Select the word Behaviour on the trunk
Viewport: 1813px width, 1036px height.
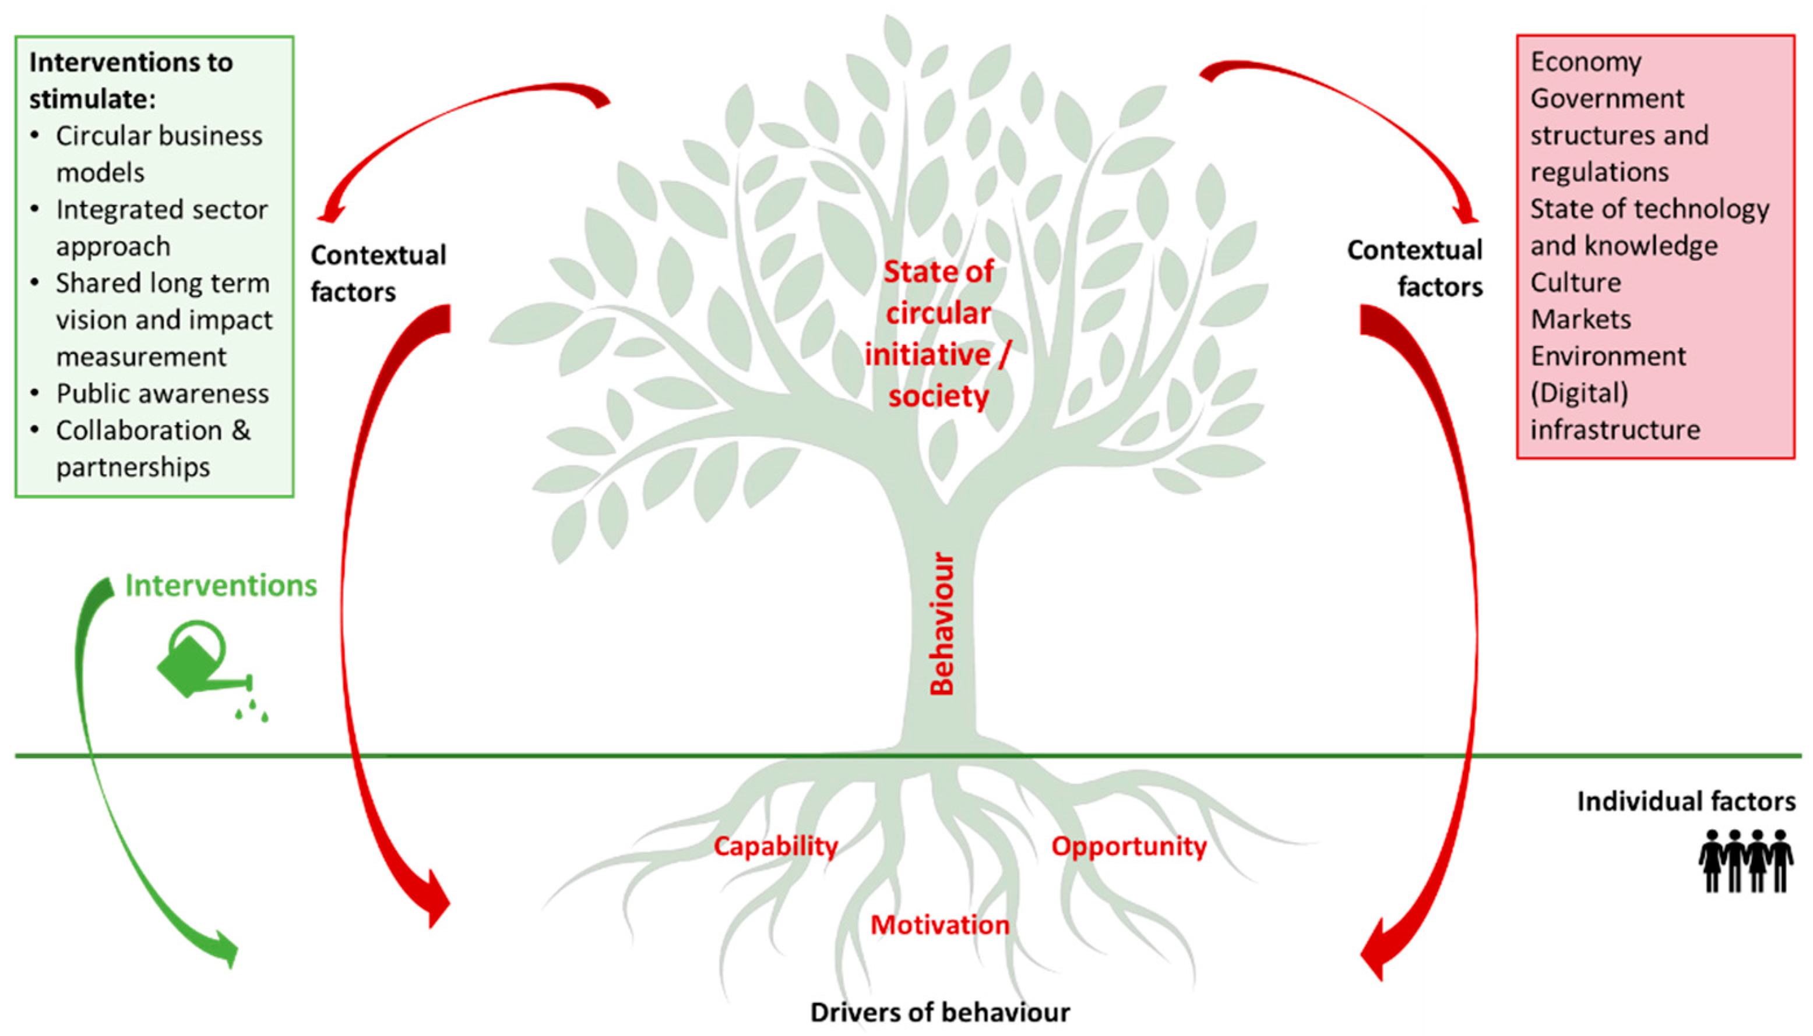[942, 624]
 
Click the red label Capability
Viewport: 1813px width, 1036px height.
[776, 846]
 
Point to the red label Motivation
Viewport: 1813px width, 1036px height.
[939, 925]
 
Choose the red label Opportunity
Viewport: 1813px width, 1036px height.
[1129, 846]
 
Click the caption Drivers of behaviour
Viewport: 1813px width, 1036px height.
[939, 1012]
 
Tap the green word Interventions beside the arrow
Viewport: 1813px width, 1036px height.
[221, 586]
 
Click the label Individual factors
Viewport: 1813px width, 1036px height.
[1685, 801]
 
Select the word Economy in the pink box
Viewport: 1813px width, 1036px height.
[1586, 62]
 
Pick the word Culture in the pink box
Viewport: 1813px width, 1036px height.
[1575, 282]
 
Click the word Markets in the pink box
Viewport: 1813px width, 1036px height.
[1580, 320]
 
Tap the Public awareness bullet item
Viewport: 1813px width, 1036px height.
[162, 394]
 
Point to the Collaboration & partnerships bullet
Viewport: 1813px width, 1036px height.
[153, 448]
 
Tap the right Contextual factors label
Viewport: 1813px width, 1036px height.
[1415, 268]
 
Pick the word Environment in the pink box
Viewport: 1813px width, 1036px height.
[1608, 356]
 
